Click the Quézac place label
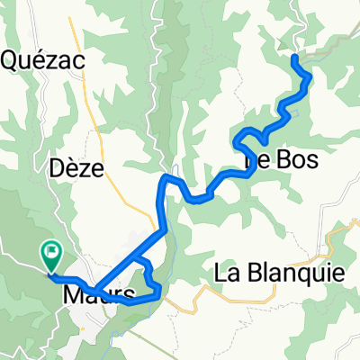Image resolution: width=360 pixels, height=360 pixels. point(44,60)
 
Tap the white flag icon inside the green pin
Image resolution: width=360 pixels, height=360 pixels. point(51,253)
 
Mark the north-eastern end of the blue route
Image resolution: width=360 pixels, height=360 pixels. point(296,58)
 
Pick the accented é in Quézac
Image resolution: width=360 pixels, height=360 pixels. point(45,59)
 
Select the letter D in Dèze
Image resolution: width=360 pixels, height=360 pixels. point(55,168)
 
